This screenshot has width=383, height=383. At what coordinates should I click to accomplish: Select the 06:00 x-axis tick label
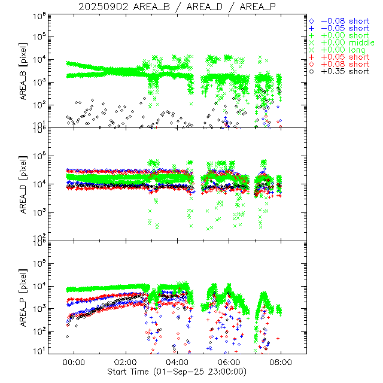[230, 362]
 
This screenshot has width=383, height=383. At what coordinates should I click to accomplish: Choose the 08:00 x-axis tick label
[281, 362]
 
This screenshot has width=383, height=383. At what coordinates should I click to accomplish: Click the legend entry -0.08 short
[343, 20]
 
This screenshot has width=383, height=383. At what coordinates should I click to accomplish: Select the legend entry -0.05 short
[343, 28]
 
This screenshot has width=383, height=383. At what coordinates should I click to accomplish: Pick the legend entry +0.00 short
[343, 35]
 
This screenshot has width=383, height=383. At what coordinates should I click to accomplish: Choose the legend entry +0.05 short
[343, 57]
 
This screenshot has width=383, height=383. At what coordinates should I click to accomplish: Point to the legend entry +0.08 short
[343, 64]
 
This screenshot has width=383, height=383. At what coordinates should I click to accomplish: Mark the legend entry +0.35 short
[343, 71]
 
